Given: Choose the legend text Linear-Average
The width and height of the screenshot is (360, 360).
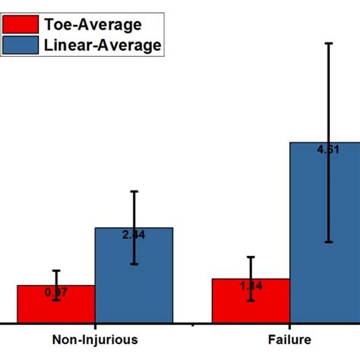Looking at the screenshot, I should [x=102, y=46].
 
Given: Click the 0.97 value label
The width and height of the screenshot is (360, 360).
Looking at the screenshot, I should [x=56, y=292].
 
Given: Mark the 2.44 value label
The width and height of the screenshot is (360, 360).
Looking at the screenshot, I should [x=134, y=235].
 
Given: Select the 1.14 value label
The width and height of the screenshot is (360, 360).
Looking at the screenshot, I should [x=251, y=286].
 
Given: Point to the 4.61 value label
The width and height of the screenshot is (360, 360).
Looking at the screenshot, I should [x=328, y=150].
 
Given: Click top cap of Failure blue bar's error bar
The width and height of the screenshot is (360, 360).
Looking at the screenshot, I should [x=328, y=43].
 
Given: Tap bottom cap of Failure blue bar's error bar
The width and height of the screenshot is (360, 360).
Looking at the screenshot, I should [x=328, y=242].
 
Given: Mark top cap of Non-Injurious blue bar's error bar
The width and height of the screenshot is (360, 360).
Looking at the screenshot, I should [x=134, y=191].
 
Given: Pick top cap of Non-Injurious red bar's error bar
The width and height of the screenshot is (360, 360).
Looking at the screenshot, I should [x=56, y=270].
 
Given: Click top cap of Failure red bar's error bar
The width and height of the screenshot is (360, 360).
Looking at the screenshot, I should [x=251, y=257].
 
